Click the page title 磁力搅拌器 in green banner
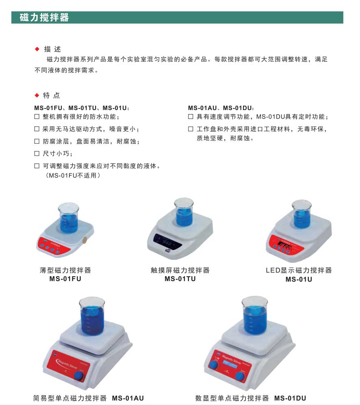pyautogui.click(x=44, y=18)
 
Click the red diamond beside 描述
pyautogui.click(x=37, y=50)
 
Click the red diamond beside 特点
pyautogui.click(x=37, y=96)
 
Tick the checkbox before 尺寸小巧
pyautogui.click(x=37, y=154)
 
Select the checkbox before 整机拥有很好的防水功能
pyautogui.click(x=37, y=117)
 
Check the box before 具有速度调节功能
pyautogui.click(x=191, y=117)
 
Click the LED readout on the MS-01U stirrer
pyautogui.click(x=284, y=246)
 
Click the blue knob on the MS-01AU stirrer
pyautogui.click(x=79, y=376)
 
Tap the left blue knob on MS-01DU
pyautogui.click(x=213, y=365)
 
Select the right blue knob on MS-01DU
pyautogui.click(x=241, y=377)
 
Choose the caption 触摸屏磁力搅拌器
pyautogui.click(x=180, y=270)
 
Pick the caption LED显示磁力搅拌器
pyautogui.click(x=299, y=270)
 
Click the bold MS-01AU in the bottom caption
pyautogui.click(x=128, y=398)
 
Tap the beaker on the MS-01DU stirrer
pyautogui.click(x=255, y=315)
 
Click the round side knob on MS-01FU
pyautogui.click(x=85, y=240)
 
